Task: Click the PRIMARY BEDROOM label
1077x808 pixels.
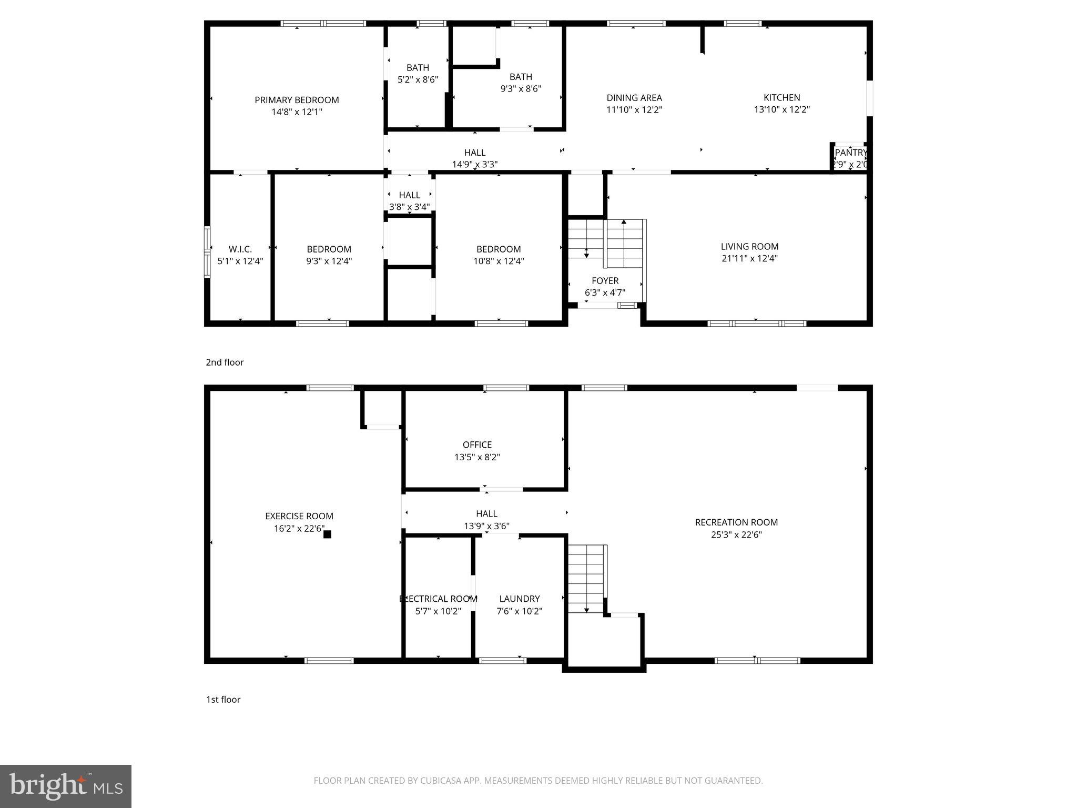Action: pos(297,100)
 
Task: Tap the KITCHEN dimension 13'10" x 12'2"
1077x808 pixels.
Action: pos(781,109)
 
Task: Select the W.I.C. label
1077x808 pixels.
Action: pos(240,249)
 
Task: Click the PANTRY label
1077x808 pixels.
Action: pos(850,153)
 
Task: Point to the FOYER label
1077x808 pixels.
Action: pos(605,280)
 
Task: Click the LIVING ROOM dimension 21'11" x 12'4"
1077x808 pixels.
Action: pos(749,258)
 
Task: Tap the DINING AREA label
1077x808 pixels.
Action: pos(634,98)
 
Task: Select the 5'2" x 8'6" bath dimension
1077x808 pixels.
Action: pos(418,79)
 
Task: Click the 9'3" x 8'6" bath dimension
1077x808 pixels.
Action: pos(521,88)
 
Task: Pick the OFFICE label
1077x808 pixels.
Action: pos(477,445)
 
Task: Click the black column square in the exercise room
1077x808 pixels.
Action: pos(327,534)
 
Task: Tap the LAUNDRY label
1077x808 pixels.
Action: pos(519,599)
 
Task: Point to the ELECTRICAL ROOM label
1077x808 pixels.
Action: pos(438,599)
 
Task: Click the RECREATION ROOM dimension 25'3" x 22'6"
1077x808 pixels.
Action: pos(736,534)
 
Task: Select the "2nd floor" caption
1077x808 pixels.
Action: pos(225,362)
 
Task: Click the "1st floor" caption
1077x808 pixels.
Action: pos(223,699)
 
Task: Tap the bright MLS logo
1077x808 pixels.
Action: pos(66,786)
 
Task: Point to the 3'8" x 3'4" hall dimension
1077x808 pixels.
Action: pos(409,207)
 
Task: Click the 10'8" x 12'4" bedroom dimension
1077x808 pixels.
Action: pos(498,261)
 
